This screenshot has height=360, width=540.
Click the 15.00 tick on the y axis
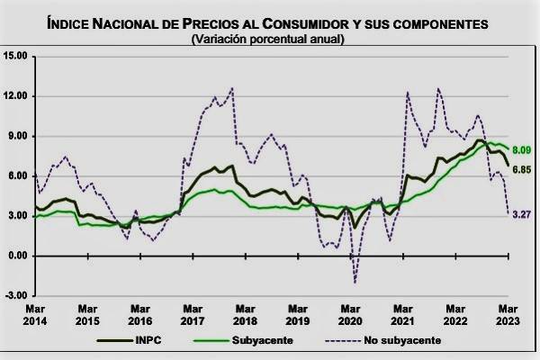tap(15, 56)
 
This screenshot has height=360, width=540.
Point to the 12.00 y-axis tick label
tap(15, 96)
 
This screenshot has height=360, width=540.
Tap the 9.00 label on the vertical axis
tap(18, 136)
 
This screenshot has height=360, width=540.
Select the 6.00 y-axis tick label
tap(18, 175)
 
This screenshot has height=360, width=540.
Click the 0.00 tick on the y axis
tap(18, 256)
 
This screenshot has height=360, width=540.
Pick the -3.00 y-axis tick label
tap(16, 295)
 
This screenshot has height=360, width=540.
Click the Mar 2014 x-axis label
tap(34, 314)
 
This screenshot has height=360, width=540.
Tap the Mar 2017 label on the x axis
tap(190, 314)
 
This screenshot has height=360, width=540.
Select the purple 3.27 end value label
tap(521, 214)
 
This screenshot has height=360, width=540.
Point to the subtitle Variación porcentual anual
tap(267, 40)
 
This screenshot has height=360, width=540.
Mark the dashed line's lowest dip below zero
tap(355, 282)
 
